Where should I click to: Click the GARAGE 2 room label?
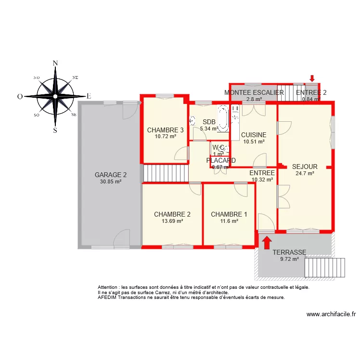(111, 175)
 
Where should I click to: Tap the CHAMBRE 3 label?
(165, 130)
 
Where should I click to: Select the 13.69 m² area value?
(172, 221)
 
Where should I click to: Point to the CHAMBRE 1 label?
(229, 215)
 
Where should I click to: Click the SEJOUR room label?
(305, 167)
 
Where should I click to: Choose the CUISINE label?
(254, 135)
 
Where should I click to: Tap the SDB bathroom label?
(209, 122)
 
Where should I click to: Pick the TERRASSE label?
(289, 252)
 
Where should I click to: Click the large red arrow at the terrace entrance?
(266, 241)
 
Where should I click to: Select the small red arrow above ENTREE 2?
(312, 78)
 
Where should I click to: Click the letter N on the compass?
(55, 63)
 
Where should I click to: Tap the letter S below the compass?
(55, 130)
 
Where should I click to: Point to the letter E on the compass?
(89, 96)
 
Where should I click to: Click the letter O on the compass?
(20, 96)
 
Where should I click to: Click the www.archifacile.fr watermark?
(331, 315)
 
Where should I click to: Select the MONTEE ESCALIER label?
(254, 93)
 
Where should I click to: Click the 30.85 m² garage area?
(111, 181)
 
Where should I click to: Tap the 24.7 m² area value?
(305, 174)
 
